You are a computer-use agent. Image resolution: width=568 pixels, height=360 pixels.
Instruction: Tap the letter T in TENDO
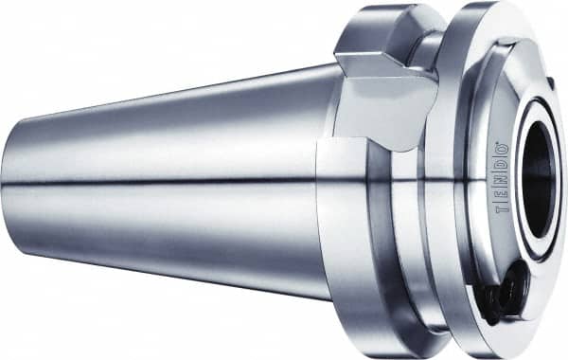pos(501,211)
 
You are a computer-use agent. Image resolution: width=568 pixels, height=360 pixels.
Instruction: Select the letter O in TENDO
pos(501,153)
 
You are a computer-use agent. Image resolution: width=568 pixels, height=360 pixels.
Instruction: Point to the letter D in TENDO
pos(501,167)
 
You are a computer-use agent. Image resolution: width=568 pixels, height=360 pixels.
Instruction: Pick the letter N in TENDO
pos(501,181)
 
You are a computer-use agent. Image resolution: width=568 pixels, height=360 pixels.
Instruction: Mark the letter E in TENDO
pos(501,196)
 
